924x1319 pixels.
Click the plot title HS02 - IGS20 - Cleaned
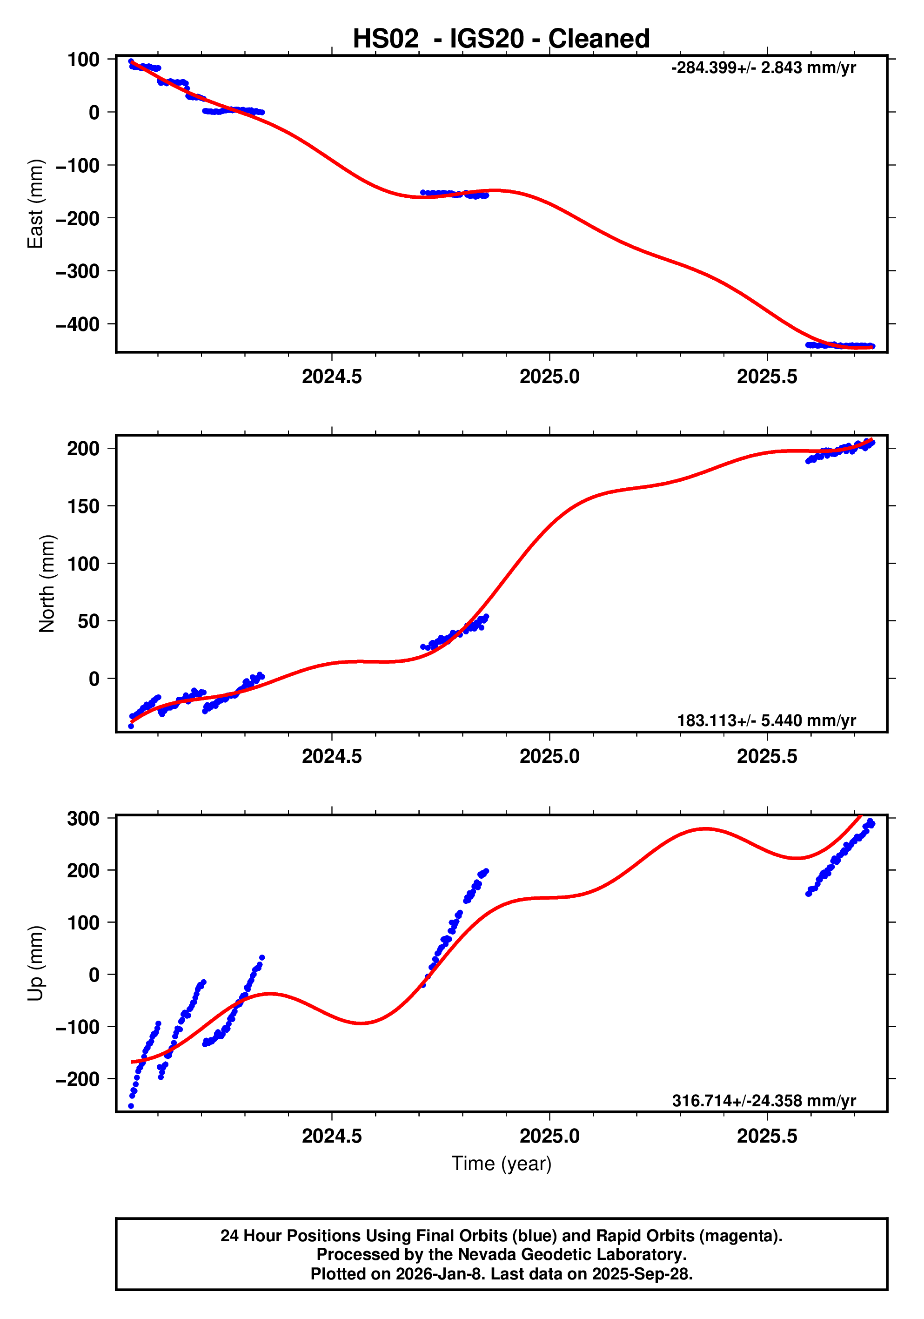click(501, 39)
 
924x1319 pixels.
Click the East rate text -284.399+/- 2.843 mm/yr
click(763, 68)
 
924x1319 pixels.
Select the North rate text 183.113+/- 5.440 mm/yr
click(766, 720)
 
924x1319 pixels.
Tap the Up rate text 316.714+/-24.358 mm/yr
click(764, 1101)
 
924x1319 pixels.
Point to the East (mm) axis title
click(36, 204)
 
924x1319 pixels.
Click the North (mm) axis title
click(47, 584)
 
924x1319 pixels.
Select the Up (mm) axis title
click(36, 963)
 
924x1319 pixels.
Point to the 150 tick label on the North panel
click(83, 506)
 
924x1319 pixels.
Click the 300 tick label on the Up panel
click(83, 818)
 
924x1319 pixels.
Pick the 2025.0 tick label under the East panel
click(549, 377)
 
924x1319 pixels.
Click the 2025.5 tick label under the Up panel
click(767, 1136)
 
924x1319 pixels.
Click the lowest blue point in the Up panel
click(131, 1106)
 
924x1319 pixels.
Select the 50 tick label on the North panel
click(88, 621)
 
